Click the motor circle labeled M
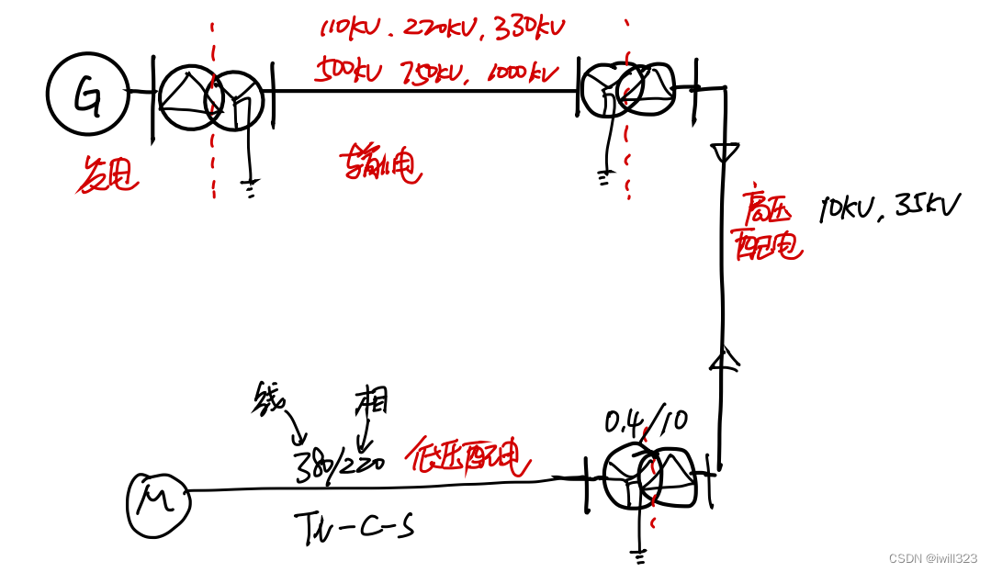tap(157, 503)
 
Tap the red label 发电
tap(106, 174)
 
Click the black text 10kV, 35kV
tap(888, 207)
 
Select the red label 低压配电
tap(468, 457)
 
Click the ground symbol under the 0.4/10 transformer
tap(639, 554)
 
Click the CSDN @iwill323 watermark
tap(932, 558)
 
